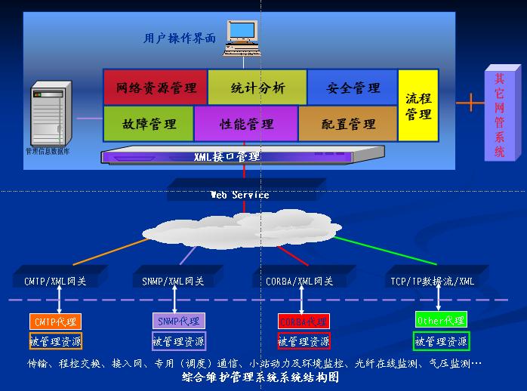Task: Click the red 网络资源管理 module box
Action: tap(156, 88)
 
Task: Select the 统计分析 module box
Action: tap(257, 88)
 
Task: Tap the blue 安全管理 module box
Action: tap(353, 88)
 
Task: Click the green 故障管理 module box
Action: tap(149, 124)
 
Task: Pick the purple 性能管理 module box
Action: tap(246, 124)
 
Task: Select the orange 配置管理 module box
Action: tap(348, 124)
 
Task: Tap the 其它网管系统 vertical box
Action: tap(499, 113)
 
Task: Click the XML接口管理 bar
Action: tap(227, 157)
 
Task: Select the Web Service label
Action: tap(239, 195)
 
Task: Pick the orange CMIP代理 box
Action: tap(55, 322)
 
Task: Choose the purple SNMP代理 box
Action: tap(178, 322)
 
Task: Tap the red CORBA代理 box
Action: tap(303, 322)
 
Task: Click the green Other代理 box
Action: tap(441, 320)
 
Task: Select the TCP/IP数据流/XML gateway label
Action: tap(433, 282)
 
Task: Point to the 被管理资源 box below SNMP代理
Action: tap(178, 341)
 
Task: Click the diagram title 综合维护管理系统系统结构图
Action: tap(260, 377)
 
